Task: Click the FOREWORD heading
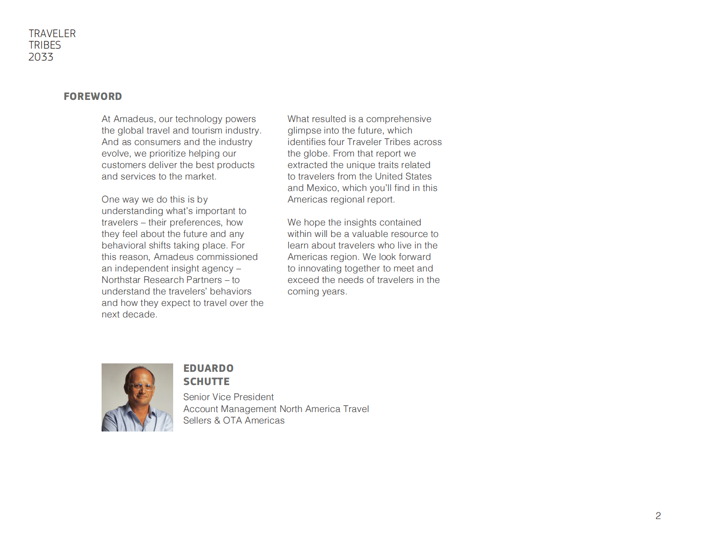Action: click(93, 96)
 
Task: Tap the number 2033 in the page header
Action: click(41, 57)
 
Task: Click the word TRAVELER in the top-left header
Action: click(52, 34)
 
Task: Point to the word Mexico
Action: click(323, 188)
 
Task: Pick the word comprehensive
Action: click(398, 119)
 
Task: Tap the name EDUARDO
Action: click(208, 368)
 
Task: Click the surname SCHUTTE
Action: click(206, 382)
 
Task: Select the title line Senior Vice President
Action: click(228, 397)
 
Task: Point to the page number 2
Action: click(658, 515)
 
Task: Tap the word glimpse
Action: click(304, 130)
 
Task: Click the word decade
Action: click(141, 314)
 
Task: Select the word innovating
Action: click(323, 268)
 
